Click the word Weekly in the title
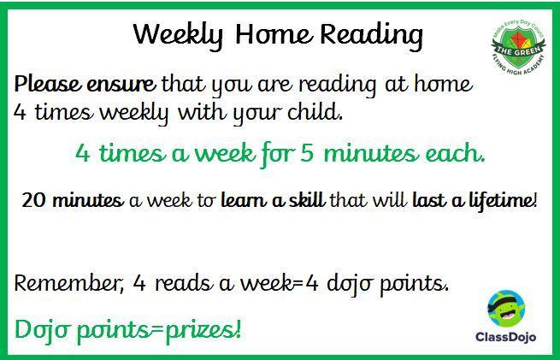(178, 36)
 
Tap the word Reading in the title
(371, 36)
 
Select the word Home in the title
(274, 34)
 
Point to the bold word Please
(48, 85)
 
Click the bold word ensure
(121, 85)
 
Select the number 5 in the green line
(306, 154)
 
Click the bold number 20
(34, 199)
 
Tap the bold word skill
(307, 199)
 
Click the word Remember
(68, 284)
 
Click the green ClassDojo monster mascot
(506, 308)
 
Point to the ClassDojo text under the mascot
(506, 336)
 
